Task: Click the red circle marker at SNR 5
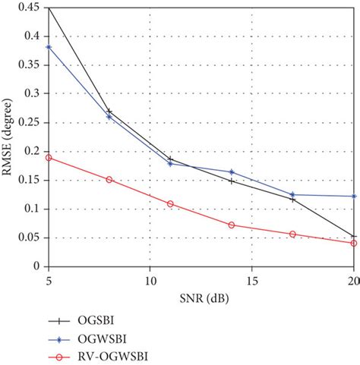(x=49, y=158)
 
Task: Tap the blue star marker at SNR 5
(x=49, y=47)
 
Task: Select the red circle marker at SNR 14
(x=232, y=225)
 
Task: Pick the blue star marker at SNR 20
(x=354, y=196)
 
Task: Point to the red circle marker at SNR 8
(x=109, y=180)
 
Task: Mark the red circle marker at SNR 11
(x=170, y=203)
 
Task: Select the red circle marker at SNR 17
(x=292, y=234)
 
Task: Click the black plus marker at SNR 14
(x=232, y=181)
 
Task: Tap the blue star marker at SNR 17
(x=292, y=194)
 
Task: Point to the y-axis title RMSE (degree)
(x=9, y=137)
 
